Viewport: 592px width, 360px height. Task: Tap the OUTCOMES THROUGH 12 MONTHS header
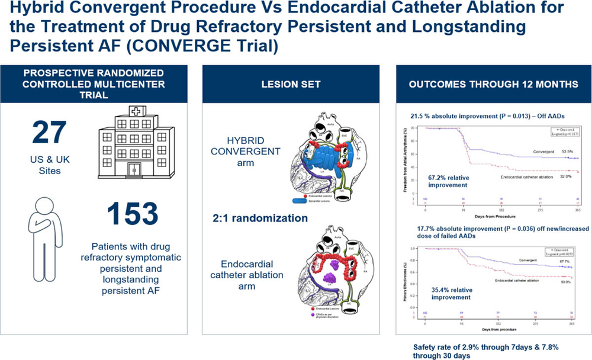tap(493, 84)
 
